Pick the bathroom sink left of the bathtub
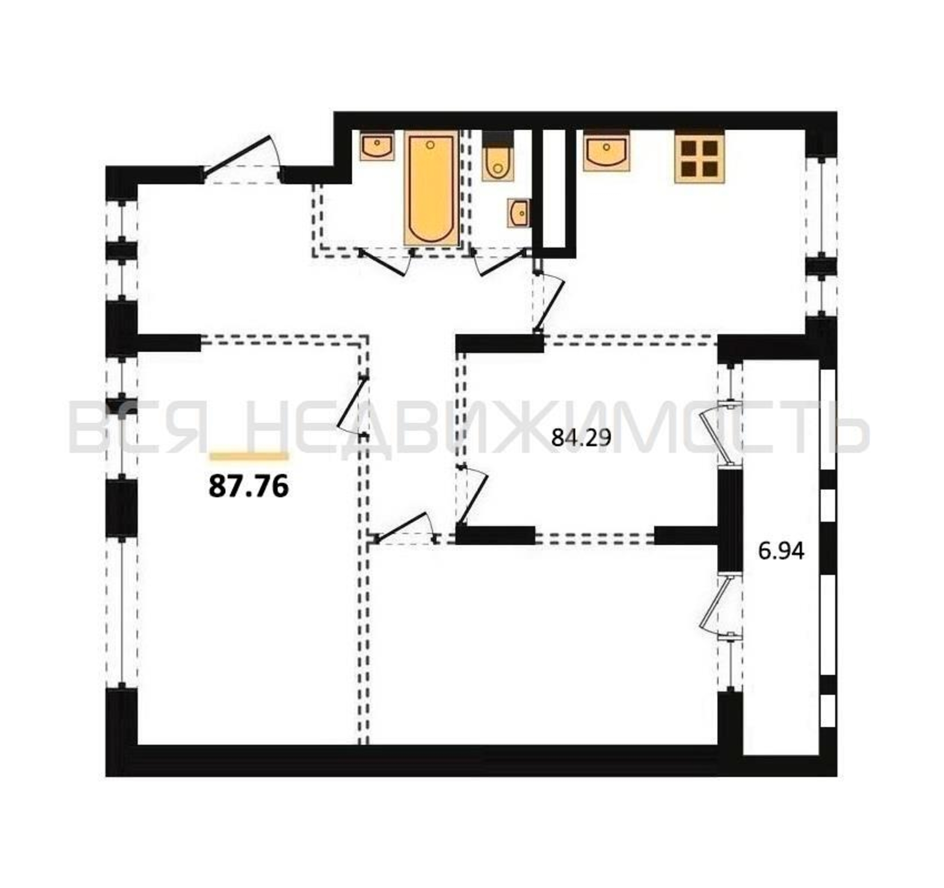pos(377,146)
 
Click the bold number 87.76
pos(248,487)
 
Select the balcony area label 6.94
pos(781,551)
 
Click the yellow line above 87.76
pos(249,456)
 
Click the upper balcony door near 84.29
pos(721,433)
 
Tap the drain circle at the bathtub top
pos(430,145)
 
